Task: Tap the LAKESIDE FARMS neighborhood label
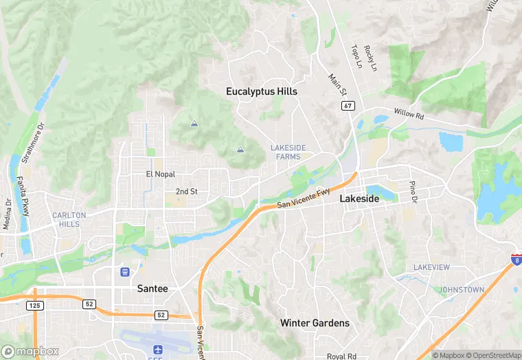[x=285, y=152]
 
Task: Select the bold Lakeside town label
[x=359, y=199]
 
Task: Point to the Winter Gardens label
[x=315, y=323]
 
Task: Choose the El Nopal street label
[x=161, y=175]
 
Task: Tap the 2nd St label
[x=186, y=192]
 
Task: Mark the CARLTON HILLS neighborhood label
[x=69, y=219]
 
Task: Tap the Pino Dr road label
[x=413, y=192]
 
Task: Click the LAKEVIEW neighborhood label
[x=431, y=267]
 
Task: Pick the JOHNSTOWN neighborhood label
[x=461, y=290]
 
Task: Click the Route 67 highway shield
[x=348, y=105]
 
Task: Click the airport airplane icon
[x=159, y=350]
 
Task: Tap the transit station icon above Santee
[x=124, y=271]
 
